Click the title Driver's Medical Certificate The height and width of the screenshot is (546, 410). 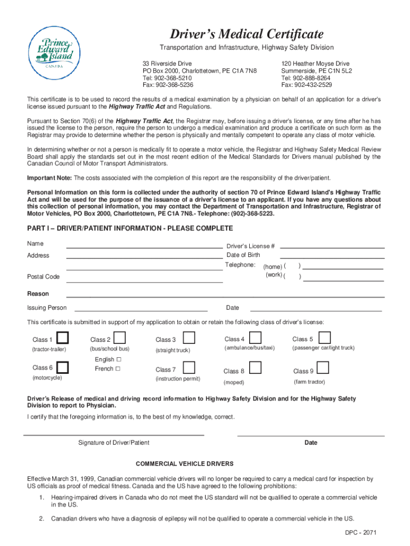[x=247, y=35]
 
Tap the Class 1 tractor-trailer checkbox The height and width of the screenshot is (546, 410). [x=63, y=338]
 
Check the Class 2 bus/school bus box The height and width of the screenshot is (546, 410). [x=120, y=338]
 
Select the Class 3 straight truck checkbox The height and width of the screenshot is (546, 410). [x=188, y=338]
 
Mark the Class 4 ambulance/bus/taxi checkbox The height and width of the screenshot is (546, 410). [x=256, y=338]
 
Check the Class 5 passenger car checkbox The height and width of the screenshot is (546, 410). [x=324, y=338]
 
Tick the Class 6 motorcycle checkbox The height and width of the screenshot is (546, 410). [x=63, y=367]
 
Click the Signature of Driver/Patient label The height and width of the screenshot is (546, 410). [x=113, y=443]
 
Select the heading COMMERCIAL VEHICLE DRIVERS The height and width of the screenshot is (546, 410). [x=185, y=463]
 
